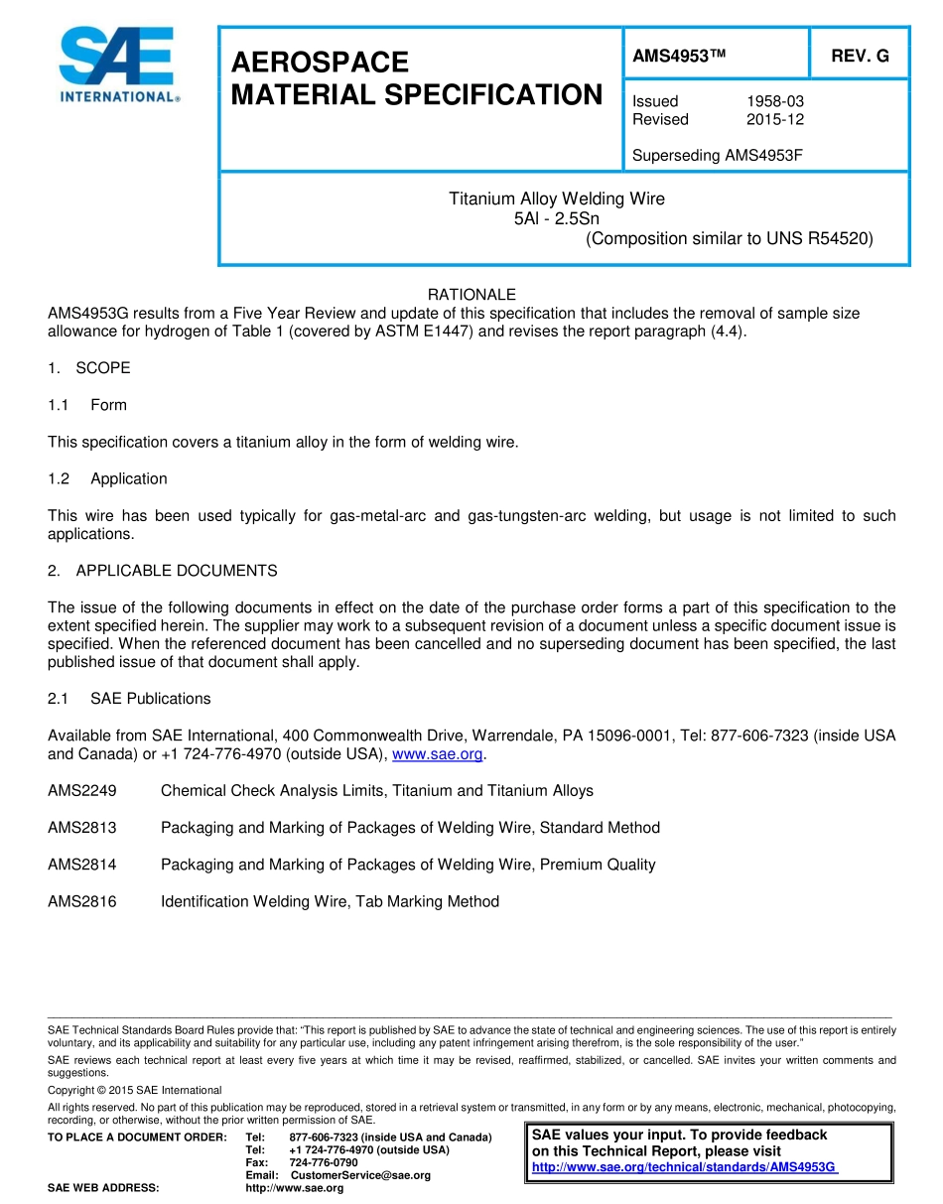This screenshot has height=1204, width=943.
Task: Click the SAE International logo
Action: click(x=118, y=65)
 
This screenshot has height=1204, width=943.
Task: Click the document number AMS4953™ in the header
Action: click(x=679, y=57)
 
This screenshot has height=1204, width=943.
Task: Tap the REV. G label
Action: click(x=860, y=57)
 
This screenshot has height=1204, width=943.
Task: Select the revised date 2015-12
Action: click(x=774, y=119)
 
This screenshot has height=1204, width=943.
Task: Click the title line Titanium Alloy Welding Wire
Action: click(x=557, y=199)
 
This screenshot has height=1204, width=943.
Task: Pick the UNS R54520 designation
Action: click(x=819, y=238)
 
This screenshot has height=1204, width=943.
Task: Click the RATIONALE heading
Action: click(x=471, y=295)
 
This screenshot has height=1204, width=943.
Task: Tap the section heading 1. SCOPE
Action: click(x=89, y=368)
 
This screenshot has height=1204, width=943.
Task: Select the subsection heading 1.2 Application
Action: click(x=108, y=478)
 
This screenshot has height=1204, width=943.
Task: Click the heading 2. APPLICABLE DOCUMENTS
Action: click(x=163, y=571)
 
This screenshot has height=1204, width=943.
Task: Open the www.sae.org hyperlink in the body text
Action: click(x=438, y=754)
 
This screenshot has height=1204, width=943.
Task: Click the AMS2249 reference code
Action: click(x=81, y=791)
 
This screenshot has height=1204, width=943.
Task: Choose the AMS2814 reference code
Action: click(x=81, y=865)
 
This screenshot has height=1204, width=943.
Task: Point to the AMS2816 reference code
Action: click(x=81, y=901)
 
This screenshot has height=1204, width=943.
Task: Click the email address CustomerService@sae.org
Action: click(x=360, y=1175)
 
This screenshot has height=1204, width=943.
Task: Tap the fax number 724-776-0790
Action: click(x=324, y=1162)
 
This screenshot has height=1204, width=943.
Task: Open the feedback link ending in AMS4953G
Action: click(x=685, y=1167)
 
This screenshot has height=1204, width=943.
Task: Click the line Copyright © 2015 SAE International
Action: click(x=135, y=1090)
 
